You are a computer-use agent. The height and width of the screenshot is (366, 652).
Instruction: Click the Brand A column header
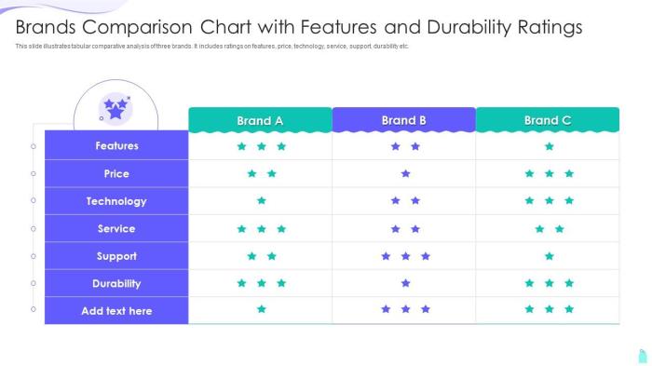click(x=260, y=120)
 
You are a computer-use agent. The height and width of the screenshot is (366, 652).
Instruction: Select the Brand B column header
click(x=404, y=120)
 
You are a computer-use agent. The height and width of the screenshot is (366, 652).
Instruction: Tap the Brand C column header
click(x=548, y=120)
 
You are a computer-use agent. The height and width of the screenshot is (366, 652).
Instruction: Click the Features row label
click(x=116, y=146)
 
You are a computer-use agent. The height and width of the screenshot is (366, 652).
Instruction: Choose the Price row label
click(x=116, y=173)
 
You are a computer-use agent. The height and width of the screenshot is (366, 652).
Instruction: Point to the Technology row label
click(x=116, y=201)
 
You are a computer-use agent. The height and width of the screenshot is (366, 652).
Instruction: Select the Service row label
click(x=116, y=228)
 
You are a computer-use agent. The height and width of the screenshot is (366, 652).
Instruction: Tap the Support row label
click(x=116, y=256)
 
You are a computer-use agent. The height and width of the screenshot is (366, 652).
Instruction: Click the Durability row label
click(x=116, y=283)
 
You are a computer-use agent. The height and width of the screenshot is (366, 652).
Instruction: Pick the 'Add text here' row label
click(x=116, y=311)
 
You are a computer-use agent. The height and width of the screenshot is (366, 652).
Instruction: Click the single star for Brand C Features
click(x=550, y=146)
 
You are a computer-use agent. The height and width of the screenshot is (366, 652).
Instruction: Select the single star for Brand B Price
click(x=405, y=173)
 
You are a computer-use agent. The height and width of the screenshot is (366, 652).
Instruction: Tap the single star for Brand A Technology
click(x=262, y=200)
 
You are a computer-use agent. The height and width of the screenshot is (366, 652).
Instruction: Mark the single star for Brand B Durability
click(x=405, y=283)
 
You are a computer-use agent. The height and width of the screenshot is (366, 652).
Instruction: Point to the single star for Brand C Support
click(x=550, y=256)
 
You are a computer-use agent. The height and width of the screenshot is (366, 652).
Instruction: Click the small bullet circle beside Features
click(x=34, y=146)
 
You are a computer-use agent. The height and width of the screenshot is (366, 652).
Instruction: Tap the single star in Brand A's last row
click(x=262, y=309)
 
